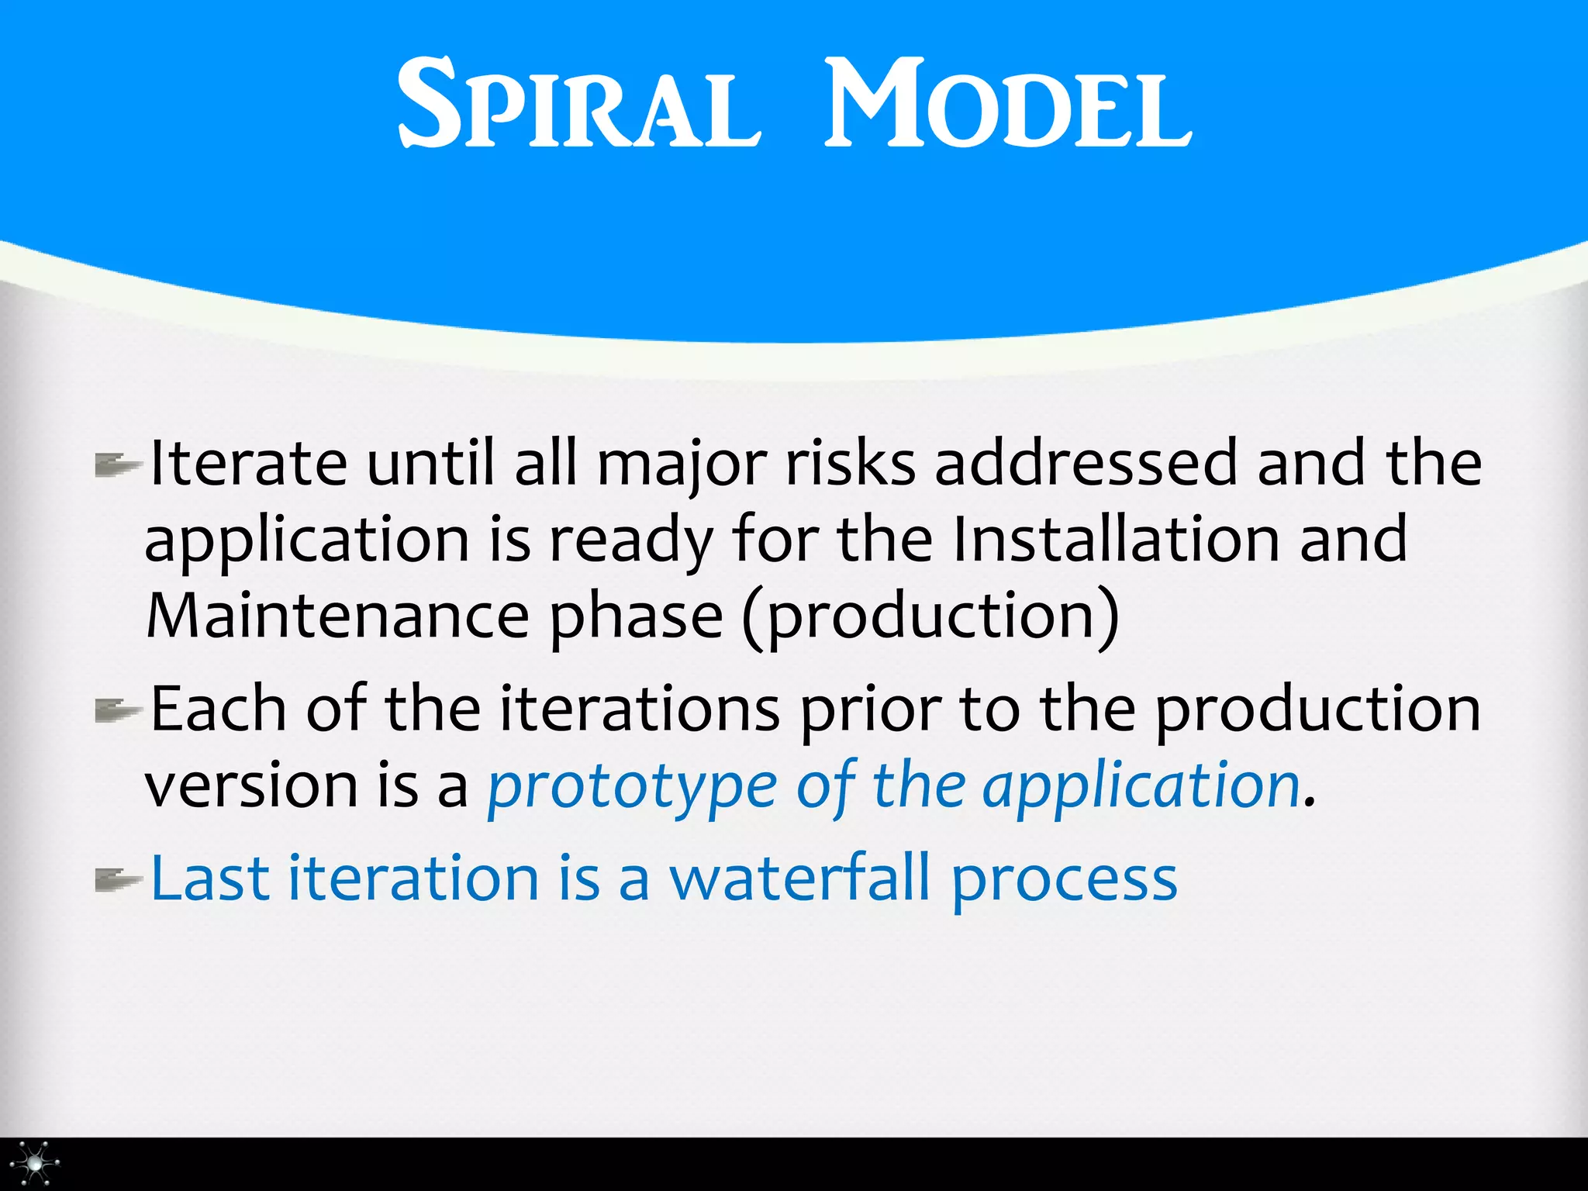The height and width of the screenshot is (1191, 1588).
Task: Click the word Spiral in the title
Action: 578,105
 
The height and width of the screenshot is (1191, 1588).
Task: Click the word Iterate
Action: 248,464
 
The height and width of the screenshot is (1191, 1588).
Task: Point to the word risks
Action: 851,464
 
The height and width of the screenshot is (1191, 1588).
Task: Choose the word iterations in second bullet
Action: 639,709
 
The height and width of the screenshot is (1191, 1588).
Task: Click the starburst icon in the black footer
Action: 35,1164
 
